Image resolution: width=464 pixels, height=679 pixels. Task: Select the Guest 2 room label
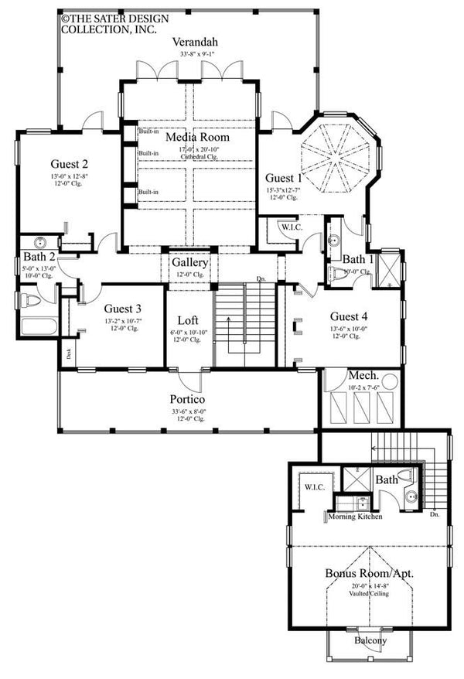(70, 163)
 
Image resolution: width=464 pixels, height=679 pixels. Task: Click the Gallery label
(189, 263)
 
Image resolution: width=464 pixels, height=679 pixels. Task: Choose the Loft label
(188, 319)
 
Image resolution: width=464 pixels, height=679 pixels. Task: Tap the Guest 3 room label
(123, 308)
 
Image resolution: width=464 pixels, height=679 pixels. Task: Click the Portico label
(187, 398)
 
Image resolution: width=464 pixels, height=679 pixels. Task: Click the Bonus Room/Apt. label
(368, 574)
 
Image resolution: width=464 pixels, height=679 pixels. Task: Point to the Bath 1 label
(358, 259)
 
